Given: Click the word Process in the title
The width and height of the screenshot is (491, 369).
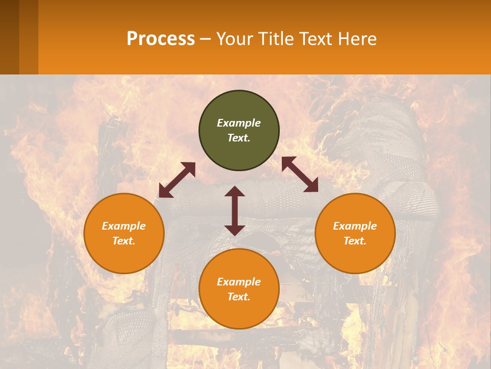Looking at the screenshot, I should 161,39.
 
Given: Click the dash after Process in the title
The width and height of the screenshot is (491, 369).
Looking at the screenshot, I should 205,39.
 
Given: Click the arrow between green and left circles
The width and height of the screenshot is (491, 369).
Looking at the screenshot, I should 177,180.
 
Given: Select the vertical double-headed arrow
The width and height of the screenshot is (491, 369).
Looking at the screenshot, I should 235,211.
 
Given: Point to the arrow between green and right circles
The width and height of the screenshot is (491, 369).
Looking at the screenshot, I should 300,174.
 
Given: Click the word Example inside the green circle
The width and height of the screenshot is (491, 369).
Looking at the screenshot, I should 239,123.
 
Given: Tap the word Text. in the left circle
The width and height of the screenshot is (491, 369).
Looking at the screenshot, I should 124,241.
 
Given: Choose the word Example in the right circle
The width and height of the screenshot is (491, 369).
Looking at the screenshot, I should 355,226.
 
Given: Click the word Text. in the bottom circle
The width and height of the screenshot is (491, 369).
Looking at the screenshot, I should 239,297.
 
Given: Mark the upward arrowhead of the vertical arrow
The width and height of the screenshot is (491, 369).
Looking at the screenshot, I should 235,191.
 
